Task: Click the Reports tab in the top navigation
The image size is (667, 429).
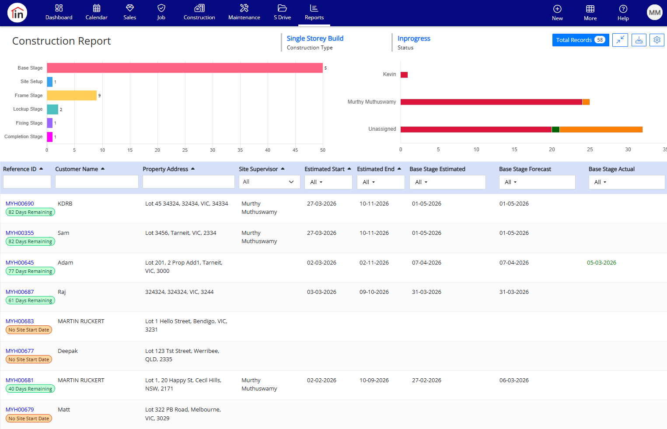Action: pos(314,13)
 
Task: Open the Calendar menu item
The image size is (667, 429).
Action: pos(97,13)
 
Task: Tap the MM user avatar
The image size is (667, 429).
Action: pos(654,13)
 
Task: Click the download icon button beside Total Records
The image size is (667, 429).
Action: pos(639,40)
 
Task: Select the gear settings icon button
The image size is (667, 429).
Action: pos(657,40)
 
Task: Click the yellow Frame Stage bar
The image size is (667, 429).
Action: pos(72,95)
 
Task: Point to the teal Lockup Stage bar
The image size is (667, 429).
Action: pos(52,109)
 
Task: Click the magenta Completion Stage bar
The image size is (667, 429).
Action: pos(50,137)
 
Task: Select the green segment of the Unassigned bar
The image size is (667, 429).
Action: pos(555,129)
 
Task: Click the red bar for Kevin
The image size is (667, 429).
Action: pos(404,75)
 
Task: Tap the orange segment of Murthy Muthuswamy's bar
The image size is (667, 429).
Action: pos(586,102)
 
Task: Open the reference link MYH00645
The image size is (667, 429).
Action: pos(20,262)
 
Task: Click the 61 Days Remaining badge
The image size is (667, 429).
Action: pos(30,300)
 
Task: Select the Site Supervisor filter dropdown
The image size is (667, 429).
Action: pos(269,182)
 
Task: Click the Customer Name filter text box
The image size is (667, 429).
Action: pos(97,182)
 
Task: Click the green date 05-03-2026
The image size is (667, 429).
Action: pos(601,262)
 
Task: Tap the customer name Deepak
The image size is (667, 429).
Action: pos(68,351)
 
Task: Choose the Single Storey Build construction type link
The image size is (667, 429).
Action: pos(315,38)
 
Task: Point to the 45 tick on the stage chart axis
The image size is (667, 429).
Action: pos(295,150)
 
